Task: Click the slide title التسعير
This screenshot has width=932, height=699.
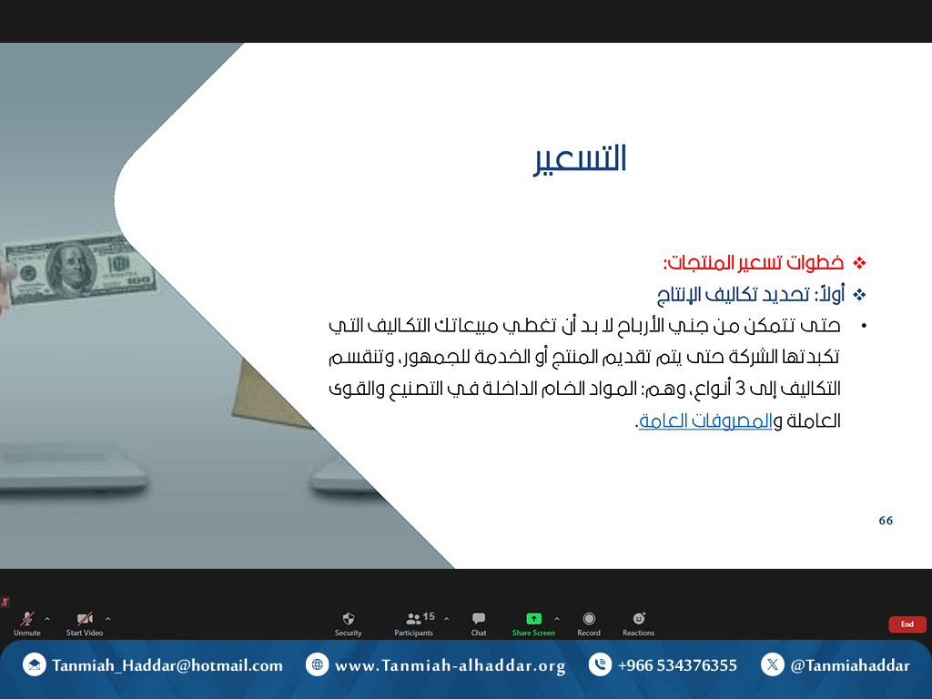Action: [x=580, y=158]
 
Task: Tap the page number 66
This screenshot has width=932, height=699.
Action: [x=886, y=521]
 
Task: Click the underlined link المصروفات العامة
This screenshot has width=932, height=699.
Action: [x=705, y=420]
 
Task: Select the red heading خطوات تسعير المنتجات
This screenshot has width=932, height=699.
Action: [x=754, y=262]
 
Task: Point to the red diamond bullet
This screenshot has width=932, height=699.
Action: [x=859, y=263]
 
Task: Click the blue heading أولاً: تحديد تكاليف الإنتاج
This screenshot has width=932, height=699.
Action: [x=751, y=294]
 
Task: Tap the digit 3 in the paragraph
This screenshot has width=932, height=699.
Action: [x=740, y=389]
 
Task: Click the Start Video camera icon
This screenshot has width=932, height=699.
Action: [x=85, y=619]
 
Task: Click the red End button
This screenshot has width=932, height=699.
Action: [x=907, y=624]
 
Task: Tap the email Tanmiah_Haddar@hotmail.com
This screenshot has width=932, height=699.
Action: [x=167, y=665]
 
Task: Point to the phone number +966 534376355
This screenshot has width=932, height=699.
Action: [x=677, y=665]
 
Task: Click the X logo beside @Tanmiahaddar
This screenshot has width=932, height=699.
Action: [x=772, y=664]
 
